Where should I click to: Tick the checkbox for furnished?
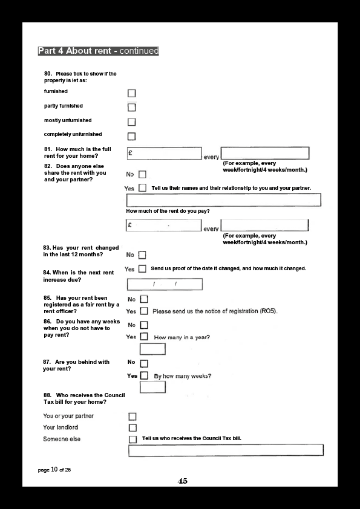pyautogui.click(x=131, y=93)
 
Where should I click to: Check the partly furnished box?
pyautogui.click(x=131, y=108)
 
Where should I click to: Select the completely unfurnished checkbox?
pyautogui.click(x=131, y=137)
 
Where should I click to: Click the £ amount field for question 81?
pyautogui.click(x=165, y=154)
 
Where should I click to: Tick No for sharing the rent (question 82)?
pyautogui.click(x=142, y=174)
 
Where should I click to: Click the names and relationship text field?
pyautogui.click(x=223, y=200)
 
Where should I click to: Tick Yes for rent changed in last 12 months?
pyautogui.click(x=142, y=269)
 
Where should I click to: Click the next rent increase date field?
pyautogui.click(x=165, y=284)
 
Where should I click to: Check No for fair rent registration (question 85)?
pyautogui.click(x=144, y=299)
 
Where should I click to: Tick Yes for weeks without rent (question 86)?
pyautogui.click(x=144, y=337)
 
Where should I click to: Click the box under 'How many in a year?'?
pyautogui.click(x=152, y=349)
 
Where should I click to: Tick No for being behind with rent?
pyautogui.click(x=144, y=363)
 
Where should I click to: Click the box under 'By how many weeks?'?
pyautogui.click(x=152, y=387)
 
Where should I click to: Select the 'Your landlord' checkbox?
pyautogui.click(x=133, y=428)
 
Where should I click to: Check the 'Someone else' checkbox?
pyautogui.click(x=133, y=439)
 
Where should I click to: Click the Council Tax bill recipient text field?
pyautogui.click(x=226, y=450)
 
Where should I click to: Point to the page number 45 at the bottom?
pyautogui.click(x=183, y=481)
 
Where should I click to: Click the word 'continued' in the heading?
pyautogui.click(x=139, y=51)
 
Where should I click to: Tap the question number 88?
pyautogui.click(x=47, y=395)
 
